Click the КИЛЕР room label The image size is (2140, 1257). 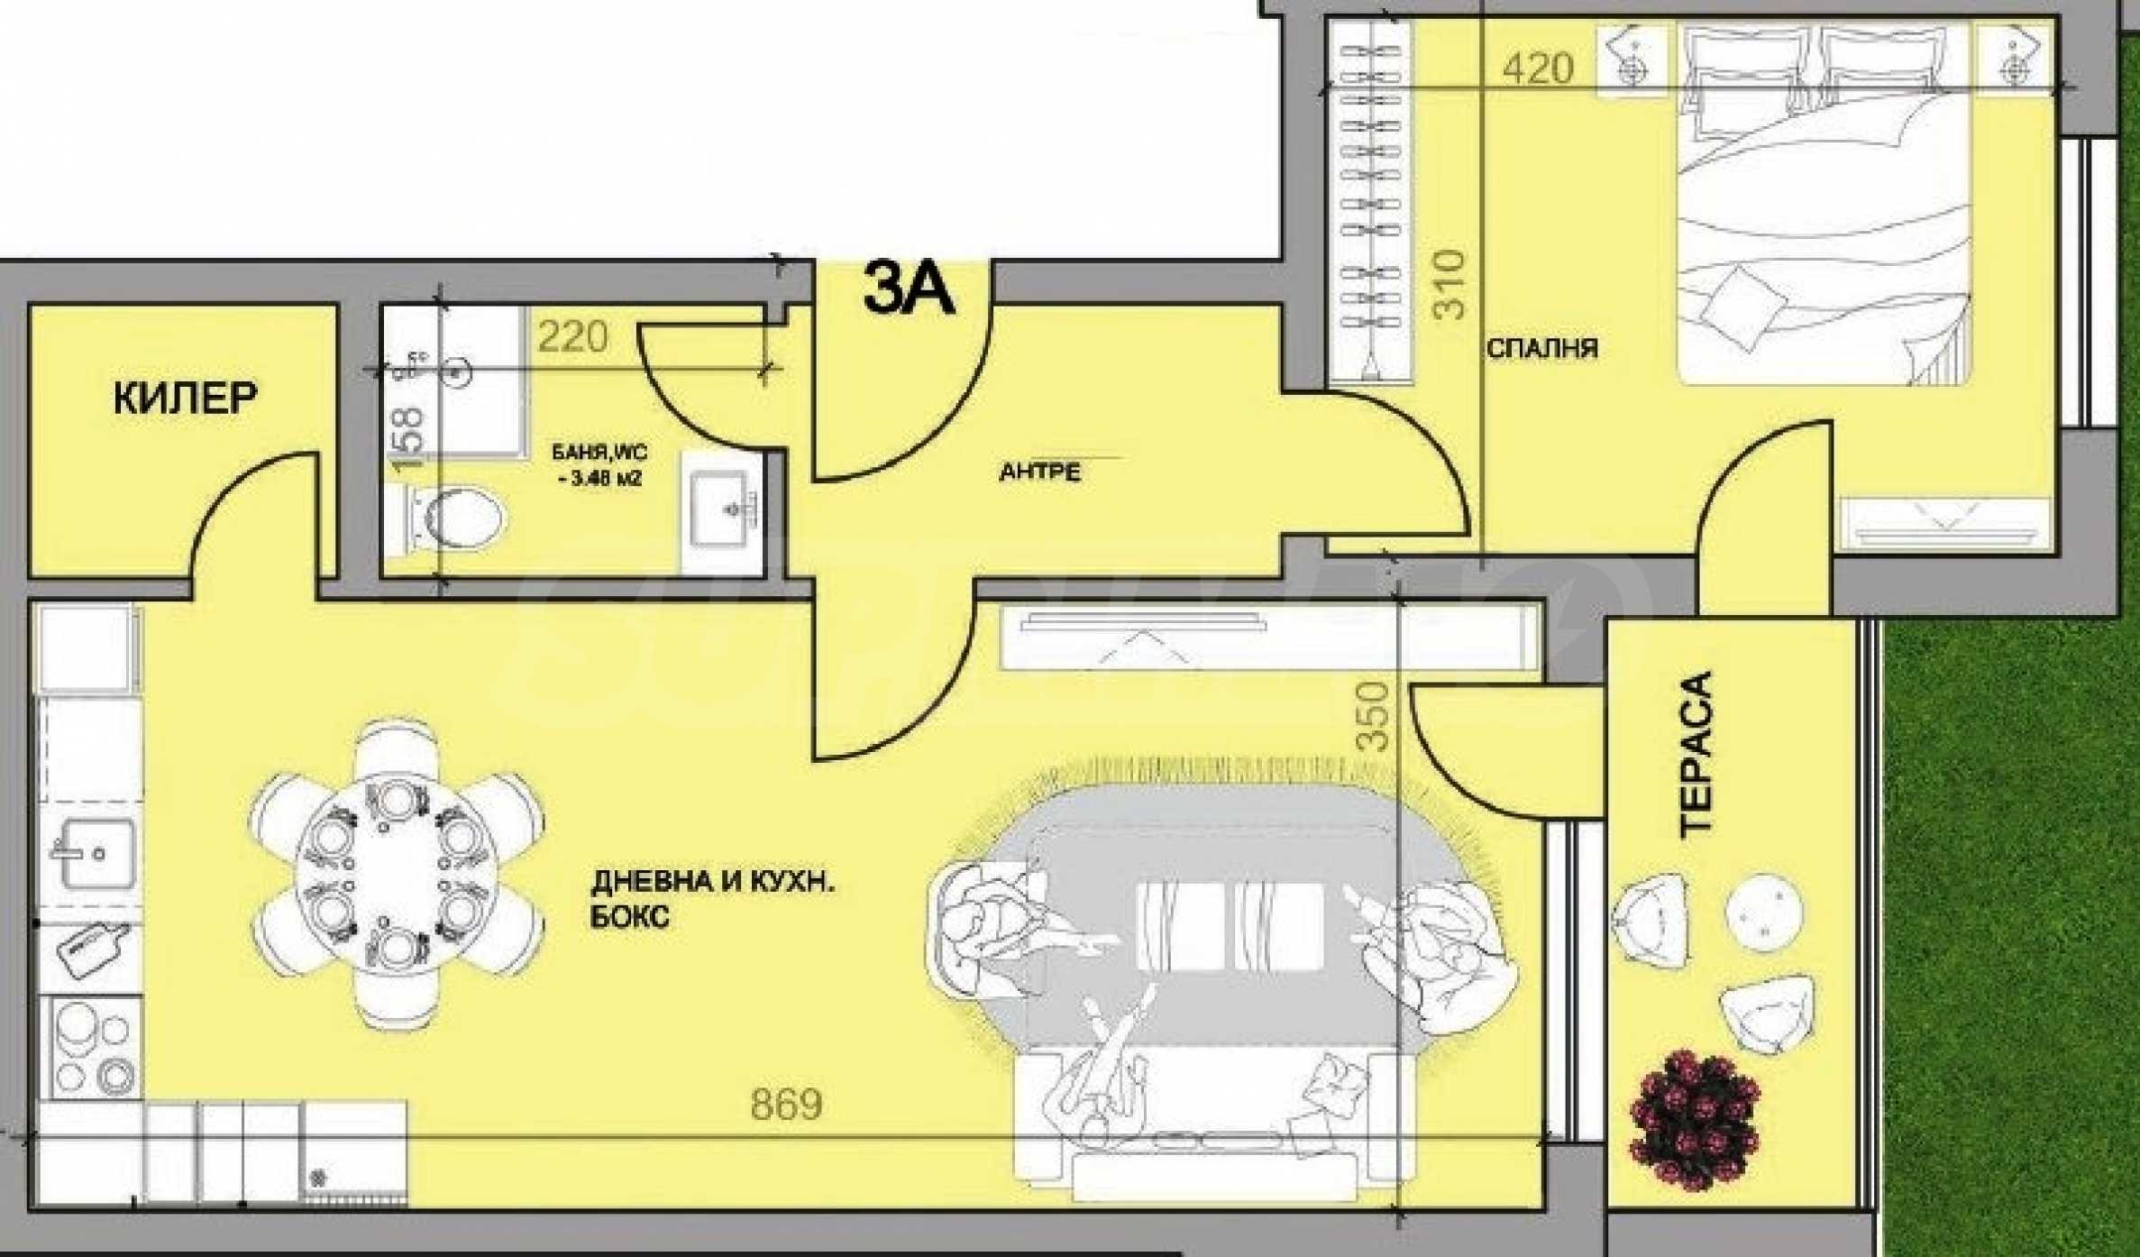coord(185,398)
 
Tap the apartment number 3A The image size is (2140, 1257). coord(908,289)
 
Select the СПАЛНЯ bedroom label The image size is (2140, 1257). coord(1542,348)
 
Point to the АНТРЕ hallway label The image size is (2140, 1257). coord(1039,473)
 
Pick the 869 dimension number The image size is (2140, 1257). coord(787,1106)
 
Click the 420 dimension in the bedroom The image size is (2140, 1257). coord(1539,69)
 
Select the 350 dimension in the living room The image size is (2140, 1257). coord(1372,717)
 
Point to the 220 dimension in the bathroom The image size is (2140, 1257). coord(573,338)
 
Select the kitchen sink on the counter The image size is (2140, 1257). coord(93,852)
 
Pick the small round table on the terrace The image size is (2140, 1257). coord(1765,914)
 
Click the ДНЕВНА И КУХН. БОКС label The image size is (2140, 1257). coord(712,900)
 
